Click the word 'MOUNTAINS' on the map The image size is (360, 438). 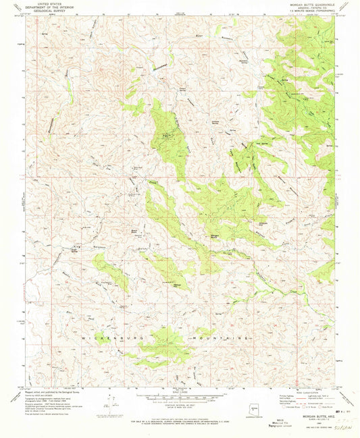(x=221, y=335)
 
